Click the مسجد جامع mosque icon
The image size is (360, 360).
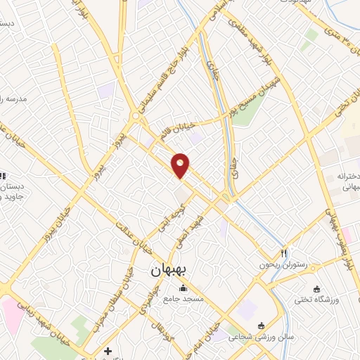pyautogui.click(x=184, y=287)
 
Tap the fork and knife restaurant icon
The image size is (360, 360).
pyautogui.click(x=284, y=252)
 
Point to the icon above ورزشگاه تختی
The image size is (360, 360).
pyautogui.click(x=316, y=288)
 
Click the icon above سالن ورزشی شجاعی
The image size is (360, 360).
pyautogui.click(x=262, y=325)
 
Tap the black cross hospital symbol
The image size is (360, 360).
pyautogui.click(x=107, y=350)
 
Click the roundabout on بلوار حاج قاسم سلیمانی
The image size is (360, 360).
pyautogui.click(x=135, y=115)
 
